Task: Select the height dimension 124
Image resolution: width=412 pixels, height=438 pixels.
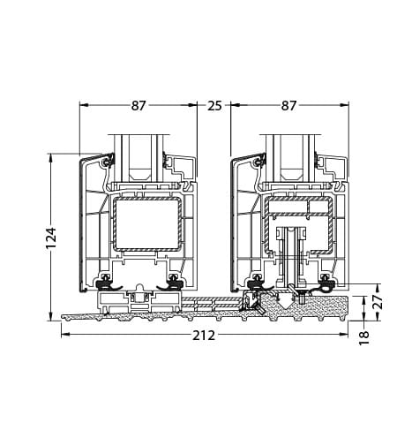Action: tap(51, 236)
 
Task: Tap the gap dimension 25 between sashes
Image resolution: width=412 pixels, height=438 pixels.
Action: tap(214, 106)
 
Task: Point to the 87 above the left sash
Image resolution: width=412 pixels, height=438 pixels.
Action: tap(139, 106)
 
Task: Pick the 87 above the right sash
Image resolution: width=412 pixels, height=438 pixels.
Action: tap(288, 106)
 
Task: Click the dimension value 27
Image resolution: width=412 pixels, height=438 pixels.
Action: tap(378, 300)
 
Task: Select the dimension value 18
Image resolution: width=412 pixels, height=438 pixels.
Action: tap(365, 336)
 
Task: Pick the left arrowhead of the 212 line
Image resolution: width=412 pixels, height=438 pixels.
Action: tap(64, 326)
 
